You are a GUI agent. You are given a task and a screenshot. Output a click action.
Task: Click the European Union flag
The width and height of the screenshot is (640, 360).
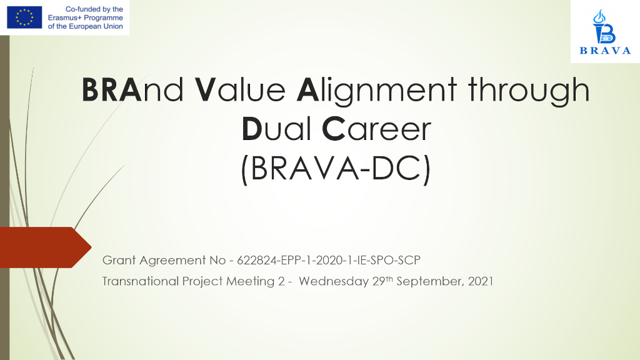click(x=24, y=17)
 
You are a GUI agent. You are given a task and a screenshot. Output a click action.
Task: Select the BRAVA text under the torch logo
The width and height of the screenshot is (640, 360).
click(x=605, y=51)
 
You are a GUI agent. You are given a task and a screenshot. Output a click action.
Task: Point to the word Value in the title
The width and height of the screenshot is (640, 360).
click(x=240, y=89)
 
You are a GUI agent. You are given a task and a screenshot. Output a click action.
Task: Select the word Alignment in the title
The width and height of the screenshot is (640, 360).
click(x=376, y=91)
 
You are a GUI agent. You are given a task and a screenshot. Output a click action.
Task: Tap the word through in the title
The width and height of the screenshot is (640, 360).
click(x=529, y=91)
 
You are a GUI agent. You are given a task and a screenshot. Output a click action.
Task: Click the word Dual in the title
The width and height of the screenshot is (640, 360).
click(x=276, y=129)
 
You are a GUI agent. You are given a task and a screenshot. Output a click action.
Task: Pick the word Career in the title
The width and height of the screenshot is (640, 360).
click(x=376, y=129)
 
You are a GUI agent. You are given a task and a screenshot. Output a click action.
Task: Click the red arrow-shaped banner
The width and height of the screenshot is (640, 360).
click(x=45, y=247)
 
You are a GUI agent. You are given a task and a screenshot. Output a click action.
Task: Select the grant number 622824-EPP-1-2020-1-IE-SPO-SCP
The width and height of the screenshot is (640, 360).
click(x=329, y=260)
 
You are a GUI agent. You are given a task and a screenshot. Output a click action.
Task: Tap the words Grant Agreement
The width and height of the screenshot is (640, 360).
click(x=154, y=261)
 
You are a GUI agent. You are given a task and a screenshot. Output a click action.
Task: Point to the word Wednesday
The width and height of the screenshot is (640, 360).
click(x=334, y=281)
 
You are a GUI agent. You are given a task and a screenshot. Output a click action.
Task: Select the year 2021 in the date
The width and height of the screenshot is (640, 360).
click(x=481, y=281)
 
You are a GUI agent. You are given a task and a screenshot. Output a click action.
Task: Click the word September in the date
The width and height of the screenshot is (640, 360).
click(x=430, y=282)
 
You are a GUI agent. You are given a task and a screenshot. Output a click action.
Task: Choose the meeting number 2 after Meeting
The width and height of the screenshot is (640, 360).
click(x=281, y=281)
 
